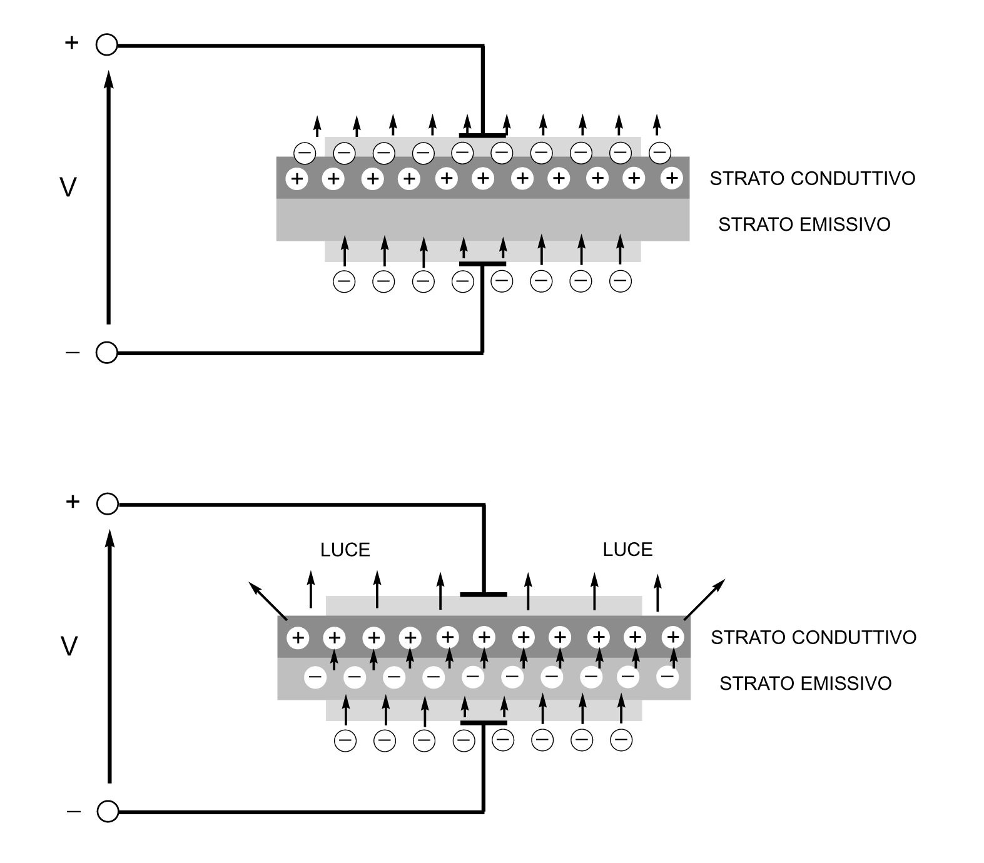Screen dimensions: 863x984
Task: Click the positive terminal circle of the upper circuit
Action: (107, 45)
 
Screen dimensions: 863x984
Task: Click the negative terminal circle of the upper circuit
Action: (107, 353)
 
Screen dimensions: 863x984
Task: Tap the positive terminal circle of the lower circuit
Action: (108, 504)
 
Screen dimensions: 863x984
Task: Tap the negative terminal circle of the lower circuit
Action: (108, 812)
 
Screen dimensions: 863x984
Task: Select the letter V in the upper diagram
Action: (68, 188)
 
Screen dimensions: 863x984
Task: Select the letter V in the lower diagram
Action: (69, 646)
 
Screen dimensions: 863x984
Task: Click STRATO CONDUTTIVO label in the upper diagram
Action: (812, 179)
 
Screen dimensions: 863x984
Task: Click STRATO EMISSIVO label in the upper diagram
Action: (804, 225)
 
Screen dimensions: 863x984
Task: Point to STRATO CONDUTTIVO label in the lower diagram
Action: (813, 638)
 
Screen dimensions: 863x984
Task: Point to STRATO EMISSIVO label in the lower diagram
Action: (805, 684)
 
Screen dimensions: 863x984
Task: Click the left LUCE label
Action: (345, 550)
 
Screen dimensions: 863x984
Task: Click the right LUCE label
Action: (627, 550)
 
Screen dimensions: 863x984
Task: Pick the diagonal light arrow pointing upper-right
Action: (705, 599)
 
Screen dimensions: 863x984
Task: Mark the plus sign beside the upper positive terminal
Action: (72, 43)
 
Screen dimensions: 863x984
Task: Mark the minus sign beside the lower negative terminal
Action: (73, 812)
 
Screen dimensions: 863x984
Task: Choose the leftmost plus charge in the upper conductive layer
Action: (297, 179)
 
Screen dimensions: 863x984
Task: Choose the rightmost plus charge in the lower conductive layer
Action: (673, 638)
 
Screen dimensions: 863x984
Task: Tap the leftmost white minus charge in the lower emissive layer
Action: (315, 677)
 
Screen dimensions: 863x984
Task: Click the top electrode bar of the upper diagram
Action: (482, 135)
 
